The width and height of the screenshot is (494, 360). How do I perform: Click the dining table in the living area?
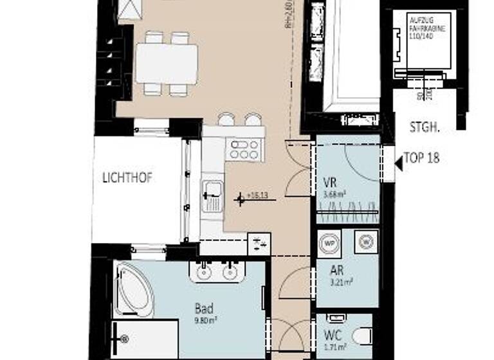pyautogui.click(x=166, y=64)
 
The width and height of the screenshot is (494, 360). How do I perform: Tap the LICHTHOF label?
pyautogui.click(x=127, y=178)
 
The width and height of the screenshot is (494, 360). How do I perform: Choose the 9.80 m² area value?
pyautogui.click(x=205, y=318)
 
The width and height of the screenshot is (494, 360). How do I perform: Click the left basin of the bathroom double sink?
pyautogui.click(x=204, y=272)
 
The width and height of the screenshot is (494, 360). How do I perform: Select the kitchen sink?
pyautogui.click(x=212, y=193)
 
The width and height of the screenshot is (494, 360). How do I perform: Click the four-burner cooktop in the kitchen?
pyautogui.click(x=244, y=150)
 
